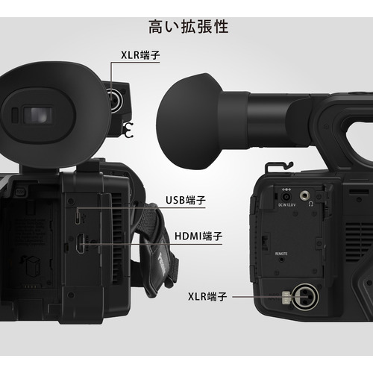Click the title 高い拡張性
(x=189, y=27)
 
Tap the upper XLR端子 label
(x=140, y=55)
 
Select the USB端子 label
(x=186, y=200)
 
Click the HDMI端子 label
(x=198, y=236)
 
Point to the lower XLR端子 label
(x=207, y=296)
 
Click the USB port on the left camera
(x=78, y=216)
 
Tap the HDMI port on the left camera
(x=81, y=243)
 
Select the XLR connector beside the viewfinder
(x=115, y=101)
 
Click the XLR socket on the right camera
(x=305, y=297)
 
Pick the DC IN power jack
(x=286, y=197)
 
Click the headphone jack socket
(x=304, y=195)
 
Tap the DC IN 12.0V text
(x=286, y=205)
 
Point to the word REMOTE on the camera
(x=281, y=254)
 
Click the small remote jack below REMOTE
(x=281, y=260)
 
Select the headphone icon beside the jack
(x=311, y=204)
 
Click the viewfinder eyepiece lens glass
(x=38, y=115)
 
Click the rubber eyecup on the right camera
(x=189, y=122)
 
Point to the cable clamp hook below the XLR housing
(x=128, y=130)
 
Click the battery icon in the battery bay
(x=31, y=266)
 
